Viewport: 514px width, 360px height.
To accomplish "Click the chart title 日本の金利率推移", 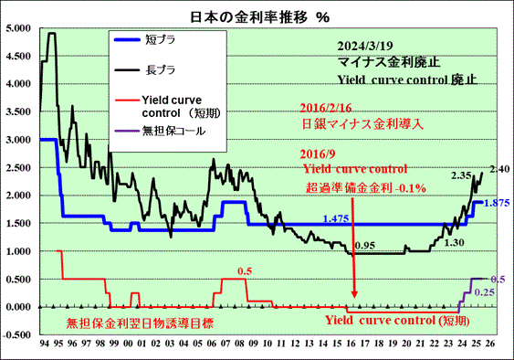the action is coord(249,17).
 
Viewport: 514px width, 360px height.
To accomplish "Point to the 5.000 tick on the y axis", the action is coord(18,28).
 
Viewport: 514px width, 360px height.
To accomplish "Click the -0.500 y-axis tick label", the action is coord(17,334).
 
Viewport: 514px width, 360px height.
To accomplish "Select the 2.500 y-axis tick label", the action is coord(18,168).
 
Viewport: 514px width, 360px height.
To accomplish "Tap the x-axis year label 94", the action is coord(44,344).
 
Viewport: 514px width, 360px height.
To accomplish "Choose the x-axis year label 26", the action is coord(490,344).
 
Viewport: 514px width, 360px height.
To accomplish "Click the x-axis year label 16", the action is coord(351,344).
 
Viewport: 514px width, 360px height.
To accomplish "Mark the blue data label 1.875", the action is coord(497,203).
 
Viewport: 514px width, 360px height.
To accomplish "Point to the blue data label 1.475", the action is coord(336,218).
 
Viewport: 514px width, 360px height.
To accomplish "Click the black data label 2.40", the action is coord(500,169).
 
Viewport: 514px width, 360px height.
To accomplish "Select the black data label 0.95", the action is coord(365,246).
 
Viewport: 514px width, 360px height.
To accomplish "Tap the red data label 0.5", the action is coord(245,271).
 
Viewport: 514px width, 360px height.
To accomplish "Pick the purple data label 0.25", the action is coord(485,292).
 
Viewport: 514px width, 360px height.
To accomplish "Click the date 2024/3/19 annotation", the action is coord(365,46).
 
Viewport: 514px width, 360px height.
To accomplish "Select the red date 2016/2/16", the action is coord(326,108).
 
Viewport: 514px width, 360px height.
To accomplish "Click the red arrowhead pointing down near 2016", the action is coord(353,294).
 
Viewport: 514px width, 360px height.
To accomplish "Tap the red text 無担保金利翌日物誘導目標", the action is coord(140,323).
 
